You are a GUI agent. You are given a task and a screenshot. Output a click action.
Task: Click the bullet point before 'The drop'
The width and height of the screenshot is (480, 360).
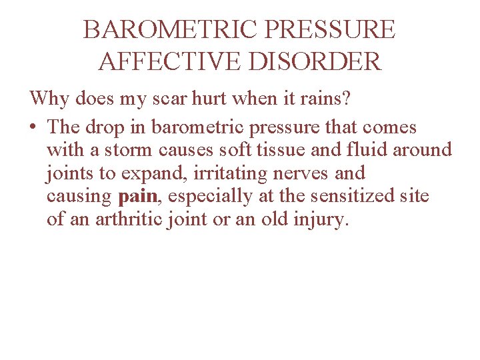pos(34,127)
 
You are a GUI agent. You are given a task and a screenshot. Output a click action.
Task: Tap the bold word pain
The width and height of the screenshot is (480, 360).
pos(137,197)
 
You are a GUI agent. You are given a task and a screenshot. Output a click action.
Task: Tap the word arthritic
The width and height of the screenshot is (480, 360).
pos(128,220)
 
